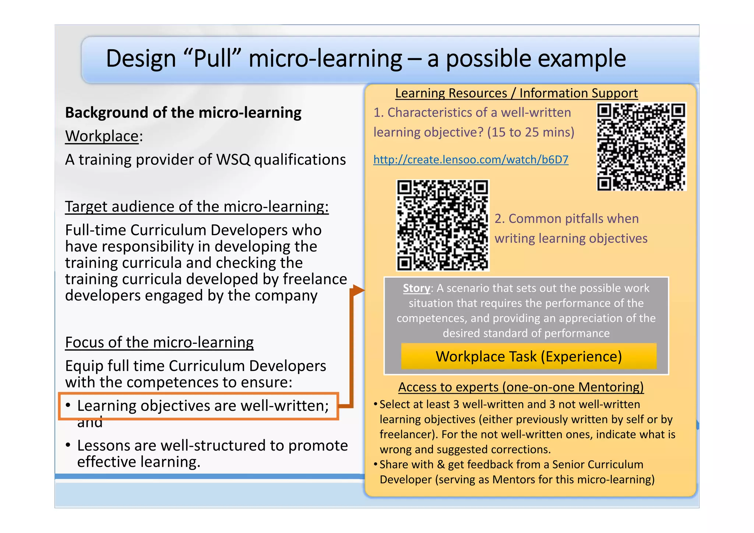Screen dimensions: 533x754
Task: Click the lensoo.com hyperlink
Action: pos(471,160)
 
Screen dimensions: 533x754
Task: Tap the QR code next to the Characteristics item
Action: pos(641,147)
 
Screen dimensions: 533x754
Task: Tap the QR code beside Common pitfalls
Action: pos(443,225)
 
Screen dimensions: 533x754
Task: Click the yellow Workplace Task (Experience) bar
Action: pos(529,356)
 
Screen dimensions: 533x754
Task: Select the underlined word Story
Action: pos(416,288)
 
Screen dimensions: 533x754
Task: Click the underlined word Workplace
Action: pos(102,136)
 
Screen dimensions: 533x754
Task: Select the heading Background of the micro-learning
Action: pos(183,113)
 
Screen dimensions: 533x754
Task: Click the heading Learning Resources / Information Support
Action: pos(516,93)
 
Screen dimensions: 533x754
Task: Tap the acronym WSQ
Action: pos(233,160)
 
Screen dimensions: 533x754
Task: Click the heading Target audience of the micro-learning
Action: pos(197,207)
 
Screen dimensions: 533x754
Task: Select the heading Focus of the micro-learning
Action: pos(159,342)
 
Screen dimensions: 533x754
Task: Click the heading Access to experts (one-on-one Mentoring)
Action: pos(521,387)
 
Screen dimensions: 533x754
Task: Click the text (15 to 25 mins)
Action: pos(531,132)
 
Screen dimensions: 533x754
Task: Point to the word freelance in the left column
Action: pos(315,279)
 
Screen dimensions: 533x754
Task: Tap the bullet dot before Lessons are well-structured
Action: pos(68,445)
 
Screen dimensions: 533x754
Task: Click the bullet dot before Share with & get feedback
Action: pos(375,464)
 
